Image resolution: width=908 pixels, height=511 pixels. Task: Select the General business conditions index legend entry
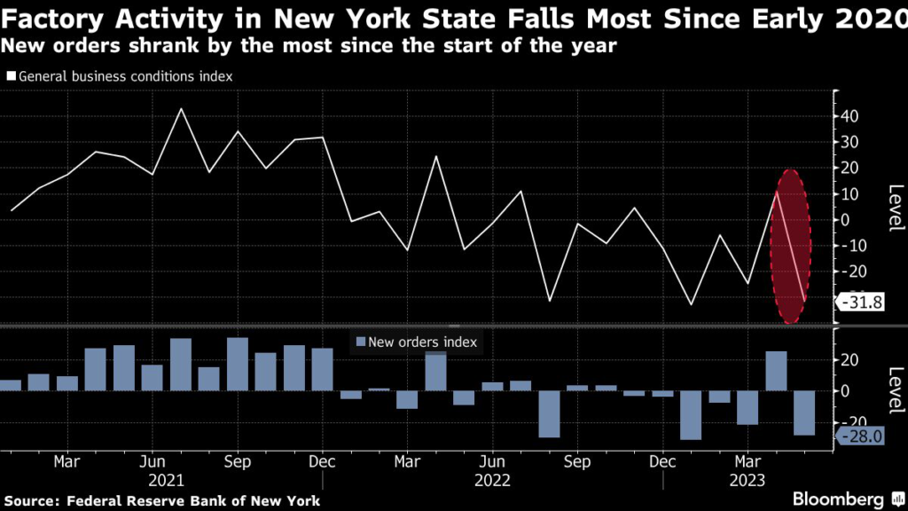point(120,76)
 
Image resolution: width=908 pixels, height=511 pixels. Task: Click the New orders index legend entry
point(416,342)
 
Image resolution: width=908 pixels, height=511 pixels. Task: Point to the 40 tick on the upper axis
point(850,116)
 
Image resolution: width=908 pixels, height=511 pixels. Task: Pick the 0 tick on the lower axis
point(846,390)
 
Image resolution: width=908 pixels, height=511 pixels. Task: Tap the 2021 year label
point(166,480)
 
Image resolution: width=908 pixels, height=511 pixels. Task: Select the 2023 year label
point(748,480)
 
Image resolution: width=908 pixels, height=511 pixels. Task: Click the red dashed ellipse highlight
point(788,246)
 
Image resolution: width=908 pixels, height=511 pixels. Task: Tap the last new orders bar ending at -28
point(804,413)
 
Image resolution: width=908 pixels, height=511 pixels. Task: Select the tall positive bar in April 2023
point(776,371)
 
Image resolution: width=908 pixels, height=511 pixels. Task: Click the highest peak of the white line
point(181,109)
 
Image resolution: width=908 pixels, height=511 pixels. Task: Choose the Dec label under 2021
point(323,462)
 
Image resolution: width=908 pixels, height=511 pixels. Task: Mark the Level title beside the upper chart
point(895,207)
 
